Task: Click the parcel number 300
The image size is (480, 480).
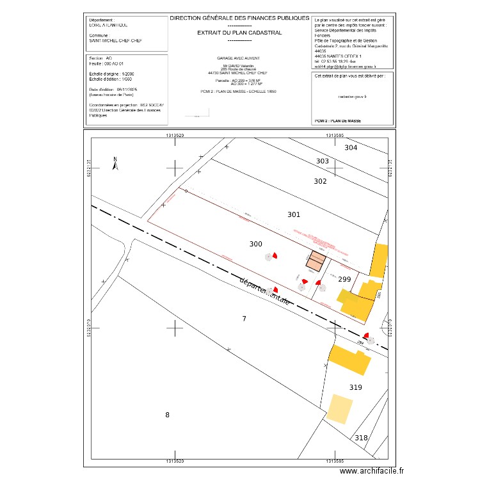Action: coord(255,244)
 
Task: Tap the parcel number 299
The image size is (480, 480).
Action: coord(344,279)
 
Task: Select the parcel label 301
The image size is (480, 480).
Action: coord(294,214)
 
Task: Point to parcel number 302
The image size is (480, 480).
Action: coord(321,181)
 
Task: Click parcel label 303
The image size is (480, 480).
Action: coord(323,161)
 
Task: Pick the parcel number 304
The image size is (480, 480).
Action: coord(351,148)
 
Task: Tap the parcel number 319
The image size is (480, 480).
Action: coord(356,387)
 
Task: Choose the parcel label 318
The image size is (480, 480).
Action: coord(362,438)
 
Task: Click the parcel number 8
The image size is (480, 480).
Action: coord(168,415)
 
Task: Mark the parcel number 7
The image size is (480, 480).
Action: coord(243,318)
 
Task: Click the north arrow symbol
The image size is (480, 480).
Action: coord(115,164)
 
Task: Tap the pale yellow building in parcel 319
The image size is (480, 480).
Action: coord(340,408)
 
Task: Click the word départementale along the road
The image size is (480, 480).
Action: coord(266,292)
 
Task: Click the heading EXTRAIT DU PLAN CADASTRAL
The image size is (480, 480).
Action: coord(239,31)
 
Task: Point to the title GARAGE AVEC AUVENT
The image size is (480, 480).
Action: coord(239,58)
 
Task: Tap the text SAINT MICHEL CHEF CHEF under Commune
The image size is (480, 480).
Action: coord(116,40)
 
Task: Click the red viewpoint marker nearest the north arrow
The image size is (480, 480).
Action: coord(274,255)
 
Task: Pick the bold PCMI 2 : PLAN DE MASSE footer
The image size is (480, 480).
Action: coord(338,120)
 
